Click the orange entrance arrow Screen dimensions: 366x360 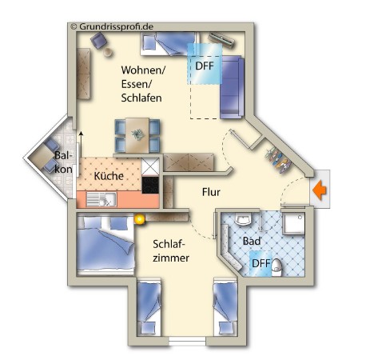(320, 190)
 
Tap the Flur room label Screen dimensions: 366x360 (211, 192)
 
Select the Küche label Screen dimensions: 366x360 (109, 176)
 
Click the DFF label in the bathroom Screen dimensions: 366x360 (261, 263)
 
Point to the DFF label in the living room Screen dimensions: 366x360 (205, 66)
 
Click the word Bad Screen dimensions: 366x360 (252, 241)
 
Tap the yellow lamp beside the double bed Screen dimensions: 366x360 (139, 219)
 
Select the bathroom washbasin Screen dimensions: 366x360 (244, 218)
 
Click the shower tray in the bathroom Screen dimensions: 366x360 (293, 223)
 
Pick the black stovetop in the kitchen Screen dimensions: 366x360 (150, 185)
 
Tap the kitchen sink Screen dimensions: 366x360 (101, 200)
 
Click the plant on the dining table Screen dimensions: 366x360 (137, 134)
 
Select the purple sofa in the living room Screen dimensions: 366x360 (232, 87)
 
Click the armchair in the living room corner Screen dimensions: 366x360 (98, 41)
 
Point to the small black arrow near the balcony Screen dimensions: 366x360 (82, 144)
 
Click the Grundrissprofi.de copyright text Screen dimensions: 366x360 (112, 26)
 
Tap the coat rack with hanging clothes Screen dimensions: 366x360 (277, 161)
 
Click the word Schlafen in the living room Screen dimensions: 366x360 (141, 98)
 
